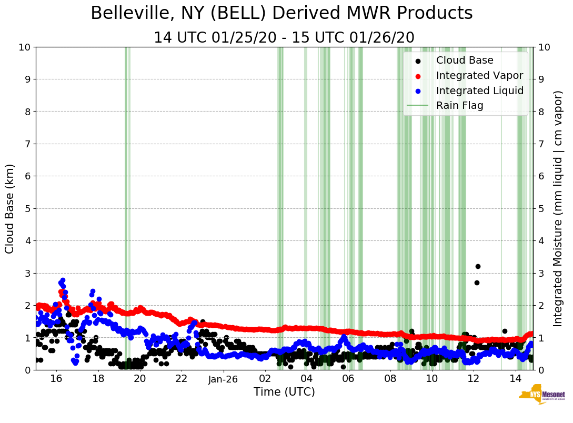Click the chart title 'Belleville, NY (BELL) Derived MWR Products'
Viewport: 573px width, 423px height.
click(282, 14)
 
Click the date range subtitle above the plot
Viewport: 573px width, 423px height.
click(284, 38)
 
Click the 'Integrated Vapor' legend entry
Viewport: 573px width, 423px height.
click(479, 75)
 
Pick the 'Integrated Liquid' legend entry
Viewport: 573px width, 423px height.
click(479, 90)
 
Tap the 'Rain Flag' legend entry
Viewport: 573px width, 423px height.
click(459, 106)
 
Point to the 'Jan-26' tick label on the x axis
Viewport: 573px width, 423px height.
click(223, 379)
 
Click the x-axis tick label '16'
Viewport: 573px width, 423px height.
click(56, 379)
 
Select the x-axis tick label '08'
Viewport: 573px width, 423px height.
click(390, 379)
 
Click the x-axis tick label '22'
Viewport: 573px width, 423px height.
click(182, 379)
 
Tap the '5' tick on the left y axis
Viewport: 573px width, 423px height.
click(27, 208)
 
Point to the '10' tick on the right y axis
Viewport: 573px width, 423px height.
click(545, 47)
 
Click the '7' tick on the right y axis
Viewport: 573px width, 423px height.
click(541, 144)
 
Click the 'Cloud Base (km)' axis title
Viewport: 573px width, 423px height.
click(10, 208)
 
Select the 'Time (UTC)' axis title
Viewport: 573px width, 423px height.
click(284, 392)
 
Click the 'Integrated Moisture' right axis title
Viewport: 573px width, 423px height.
click(558, 208)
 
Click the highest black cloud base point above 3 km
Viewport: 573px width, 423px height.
click(478, 266)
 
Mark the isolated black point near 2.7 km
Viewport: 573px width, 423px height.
click(477, 283)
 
